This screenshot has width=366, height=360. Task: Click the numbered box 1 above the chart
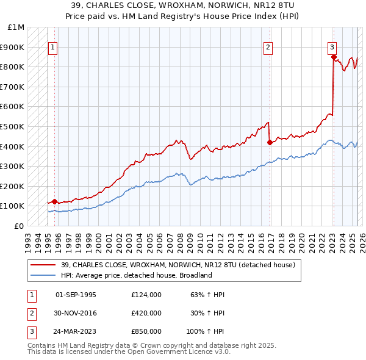(52, 47)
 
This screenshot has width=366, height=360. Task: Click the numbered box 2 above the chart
(268, 47)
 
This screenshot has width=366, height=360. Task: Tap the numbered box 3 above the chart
(332, 47)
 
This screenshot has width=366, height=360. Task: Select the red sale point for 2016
(270, 142)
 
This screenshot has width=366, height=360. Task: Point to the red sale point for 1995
(54, 201)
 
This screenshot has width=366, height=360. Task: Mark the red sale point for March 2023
(334, 57)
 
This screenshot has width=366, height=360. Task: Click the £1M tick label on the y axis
(16, 27)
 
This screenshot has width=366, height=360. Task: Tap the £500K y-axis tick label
(13, 126)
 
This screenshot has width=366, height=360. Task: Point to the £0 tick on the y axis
(20, 226)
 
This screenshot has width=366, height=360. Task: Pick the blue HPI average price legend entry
(135, 275)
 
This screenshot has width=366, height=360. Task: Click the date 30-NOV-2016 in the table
(76, 313)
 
